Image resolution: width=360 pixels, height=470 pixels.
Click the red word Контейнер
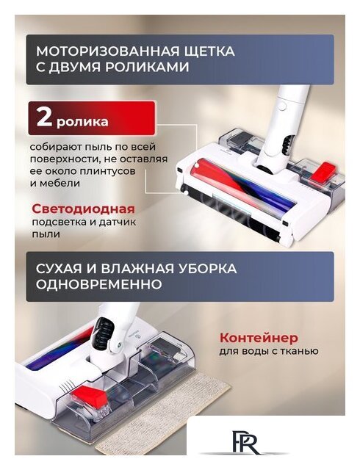click(x=259, y=338)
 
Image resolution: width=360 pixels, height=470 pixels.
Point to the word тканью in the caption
click(x=298, y=351)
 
